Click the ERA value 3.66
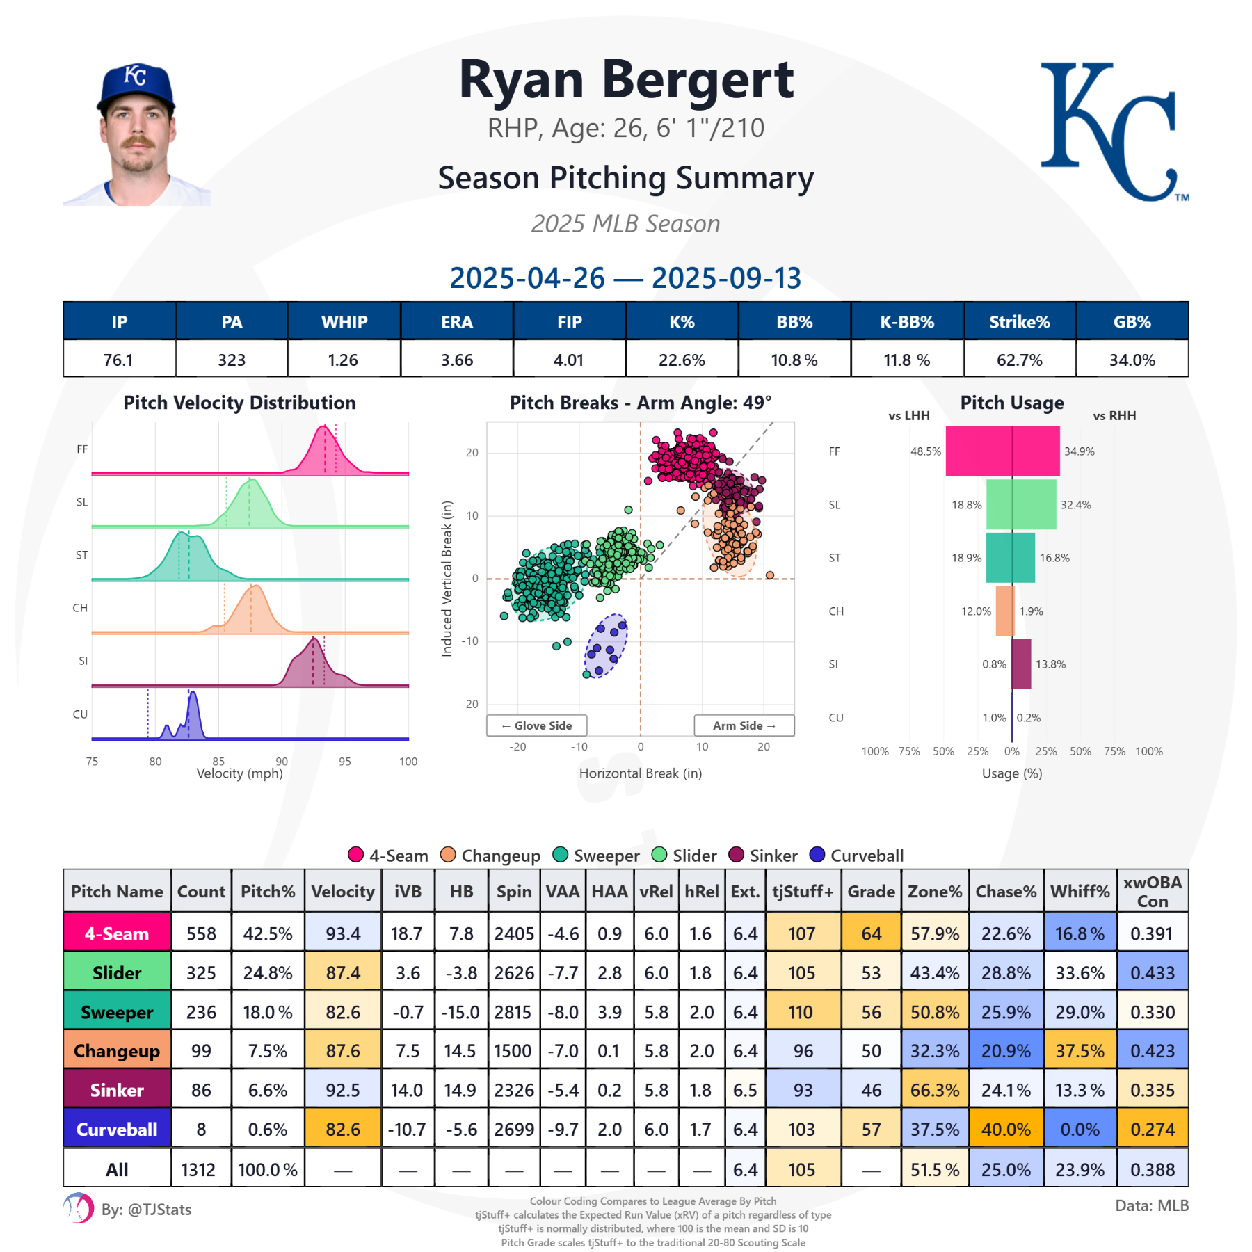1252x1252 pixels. click(x=456, y=360)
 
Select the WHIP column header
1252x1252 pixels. click(x=344, y=322)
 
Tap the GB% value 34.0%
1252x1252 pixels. click(x=1132, y=360)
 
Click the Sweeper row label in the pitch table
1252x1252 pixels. click(x=117, y=1012)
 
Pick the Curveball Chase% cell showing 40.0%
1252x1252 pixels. click(x=1006, y=1130)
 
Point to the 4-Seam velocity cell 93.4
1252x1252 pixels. click(x=343, y=933)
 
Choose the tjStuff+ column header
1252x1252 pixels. click(x=803, y=891)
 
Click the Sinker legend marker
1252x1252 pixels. click(x=736, y=855)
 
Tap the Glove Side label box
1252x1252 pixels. click(x=536, y=725)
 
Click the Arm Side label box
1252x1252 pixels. click(x=744, y=725)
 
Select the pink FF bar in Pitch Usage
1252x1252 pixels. click(x=1002, y=451)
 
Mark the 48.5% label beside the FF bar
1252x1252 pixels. click(x=925, y=451)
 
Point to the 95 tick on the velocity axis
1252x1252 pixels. click(x=344, y=762)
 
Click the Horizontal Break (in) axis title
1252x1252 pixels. click(x=640, y=773)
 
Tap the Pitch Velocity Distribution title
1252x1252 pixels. click(x=239, y=403)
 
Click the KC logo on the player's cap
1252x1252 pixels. click(x=135, y=74)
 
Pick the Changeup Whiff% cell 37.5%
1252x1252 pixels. click(x=1080, y=1051)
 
